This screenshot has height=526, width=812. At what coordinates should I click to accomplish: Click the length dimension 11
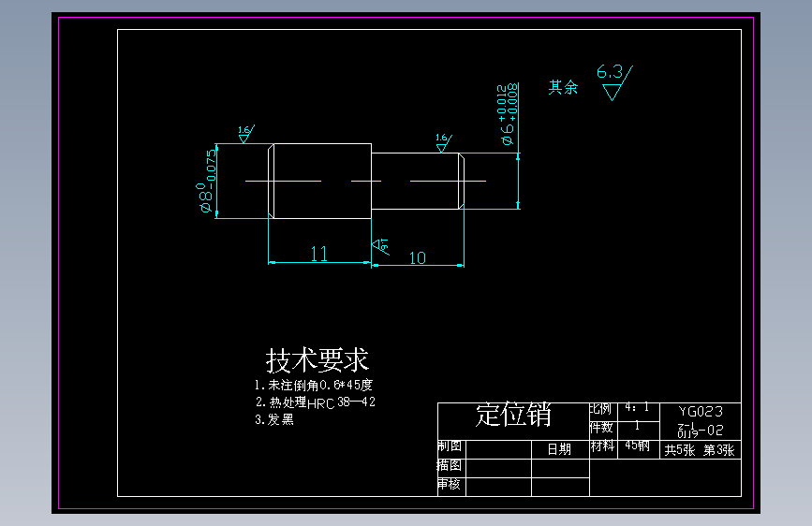318,254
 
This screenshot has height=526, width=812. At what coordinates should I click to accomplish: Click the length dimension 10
418,257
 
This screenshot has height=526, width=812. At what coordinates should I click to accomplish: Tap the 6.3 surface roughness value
609,72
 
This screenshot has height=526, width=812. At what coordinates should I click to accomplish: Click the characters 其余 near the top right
563,88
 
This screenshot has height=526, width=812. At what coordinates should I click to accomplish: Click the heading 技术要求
317,360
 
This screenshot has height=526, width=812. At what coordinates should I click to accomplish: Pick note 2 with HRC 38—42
316,402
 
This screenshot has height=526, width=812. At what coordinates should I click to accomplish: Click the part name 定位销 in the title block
513,415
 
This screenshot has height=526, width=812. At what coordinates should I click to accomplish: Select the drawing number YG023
701,411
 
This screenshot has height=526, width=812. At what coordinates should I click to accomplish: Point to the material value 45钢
637,446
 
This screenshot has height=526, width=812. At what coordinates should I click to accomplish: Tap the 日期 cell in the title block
559,449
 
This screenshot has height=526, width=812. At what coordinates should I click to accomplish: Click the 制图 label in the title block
450,447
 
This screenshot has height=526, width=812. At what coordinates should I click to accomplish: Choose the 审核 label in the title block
450,485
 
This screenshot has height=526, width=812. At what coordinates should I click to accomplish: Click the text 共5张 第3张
700,450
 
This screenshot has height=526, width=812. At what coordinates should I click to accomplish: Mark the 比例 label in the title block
601,410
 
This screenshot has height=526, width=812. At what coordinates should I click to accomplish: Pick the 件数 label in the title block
601,428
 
